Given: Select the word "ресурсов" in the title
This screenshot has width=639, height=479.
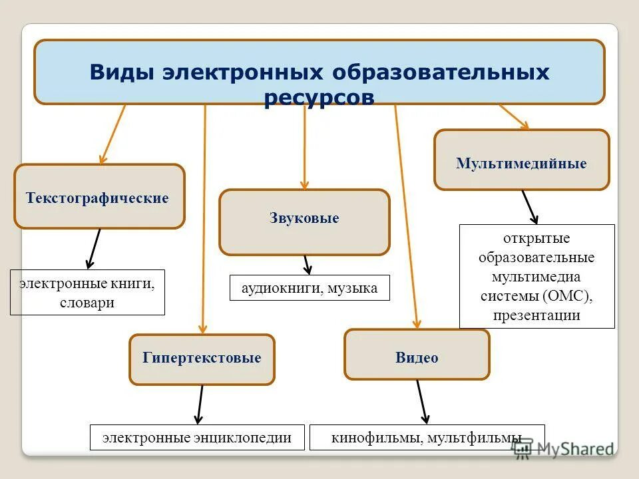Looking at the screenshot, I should (x=319, y=97).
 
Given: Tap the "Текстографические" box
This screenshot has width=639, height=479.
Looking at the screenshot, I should (x=99, y=198).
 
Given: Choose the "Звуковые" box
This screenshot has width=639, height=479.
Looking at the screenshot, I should (x=304, y=219).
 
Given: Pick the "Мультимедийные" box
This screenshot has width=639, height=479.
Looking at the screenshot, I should (x=521, y=163).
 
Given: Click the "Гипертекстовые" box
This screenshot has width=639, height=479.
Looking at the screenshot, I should (x=202, y=359).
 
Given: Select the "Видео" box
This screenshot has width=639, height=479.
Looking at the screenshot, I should (x=417, y=358).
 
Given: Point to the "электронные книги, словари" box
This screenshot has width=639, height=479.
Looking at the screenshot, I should (x=87, y=293).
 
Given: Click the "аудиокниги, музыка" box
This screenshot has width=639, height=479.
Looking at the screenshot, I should (x=309, y=288).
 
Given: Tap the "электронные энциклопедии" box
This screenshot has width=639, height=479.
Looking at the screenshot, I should (x=197, y=437).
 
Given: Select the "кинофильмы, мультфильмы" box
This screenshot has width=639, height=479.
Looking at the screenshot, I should (x=427, y=438).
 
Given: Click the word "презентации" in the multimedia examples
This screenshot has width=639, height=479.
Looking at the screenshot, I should (x=536, y=315).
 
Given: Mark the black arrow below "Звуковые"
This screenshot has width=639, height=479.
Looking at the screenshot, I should (x=307, y=265).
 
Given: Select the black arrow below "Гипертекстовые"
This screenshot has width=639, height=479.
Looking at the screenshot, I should (x=200, y=404).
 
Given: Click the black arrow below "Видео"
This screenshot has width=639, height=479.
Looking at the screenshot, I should (x=423, y=402).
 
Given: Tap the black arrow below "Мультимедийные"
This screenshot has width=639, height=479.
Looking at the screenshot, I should (x=530, y=207).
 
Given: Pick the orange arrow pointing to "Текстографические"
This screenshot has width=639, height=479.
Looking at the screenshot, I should (x=112, y=136).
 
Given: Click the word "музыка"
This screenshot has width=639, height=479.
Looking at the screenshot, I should (x=353, y=288).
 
